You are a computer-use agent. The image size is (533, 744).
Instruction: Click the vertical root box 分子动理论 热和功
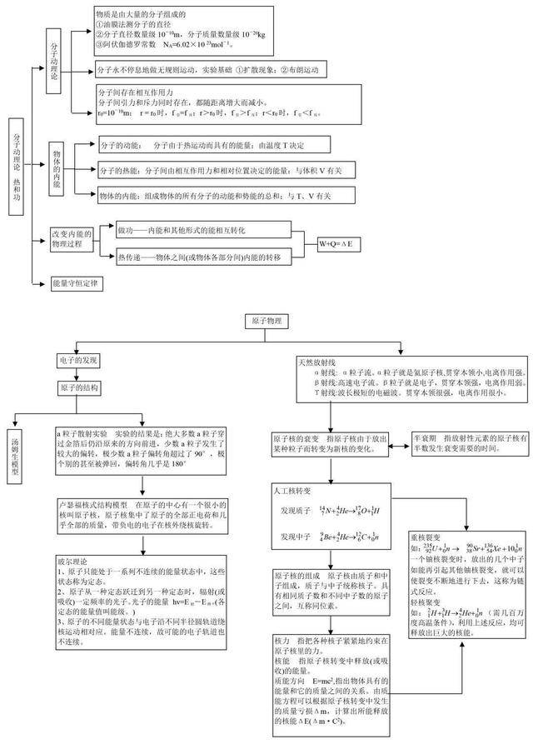[x=18, y=166]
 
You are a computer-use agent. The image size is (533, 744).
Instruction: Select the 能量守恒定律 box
[x=76, y=283]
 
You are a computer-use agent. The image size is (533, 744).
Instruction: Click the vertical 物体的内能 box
[x=57, y=171]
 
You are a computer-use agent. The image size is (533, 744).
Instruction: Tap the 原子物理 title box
[x=266, y=321]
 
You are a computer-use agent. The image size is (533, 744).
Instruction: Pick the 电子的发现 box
[x=78, y=360]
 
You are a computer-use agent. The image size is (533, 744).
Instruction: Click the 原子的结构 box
[x=78, y=388]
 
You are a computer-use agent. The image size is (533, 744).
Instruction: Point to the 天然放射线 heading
[x=316, y=364]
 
